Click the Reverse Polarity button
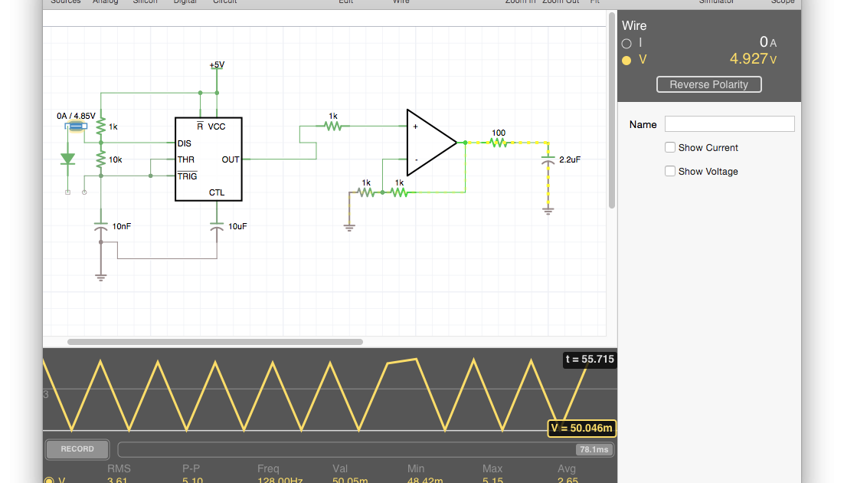[x=708, y=84]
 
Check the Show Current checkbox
[x=670, y=147]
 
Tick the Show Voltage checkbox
[x=670, y=171]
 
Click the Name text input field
[x=729, y=124]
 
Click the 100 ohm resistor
[x=499, y=143]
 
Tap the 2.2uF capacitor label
[x=570, y=159]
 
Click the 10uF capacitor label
[x=237, y=227]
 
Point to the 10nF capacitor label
[x=122, y=227]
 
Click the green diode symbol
[x=67, y=159]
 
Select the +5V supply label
[x=217, y=65]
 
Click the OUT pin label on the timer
[x=231, y=159]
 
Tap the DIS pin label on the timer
[x=185, y=143]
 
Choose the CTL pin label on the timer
[x=217, y=192]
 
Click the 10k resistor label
[x=116, y=159]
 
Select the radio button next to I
[x=626, y=43]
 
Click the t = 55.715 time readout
[x=589, y=359]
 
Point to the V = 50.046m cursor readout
[x=581, y=428]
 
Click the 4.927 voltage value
[x=748, y=59]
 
